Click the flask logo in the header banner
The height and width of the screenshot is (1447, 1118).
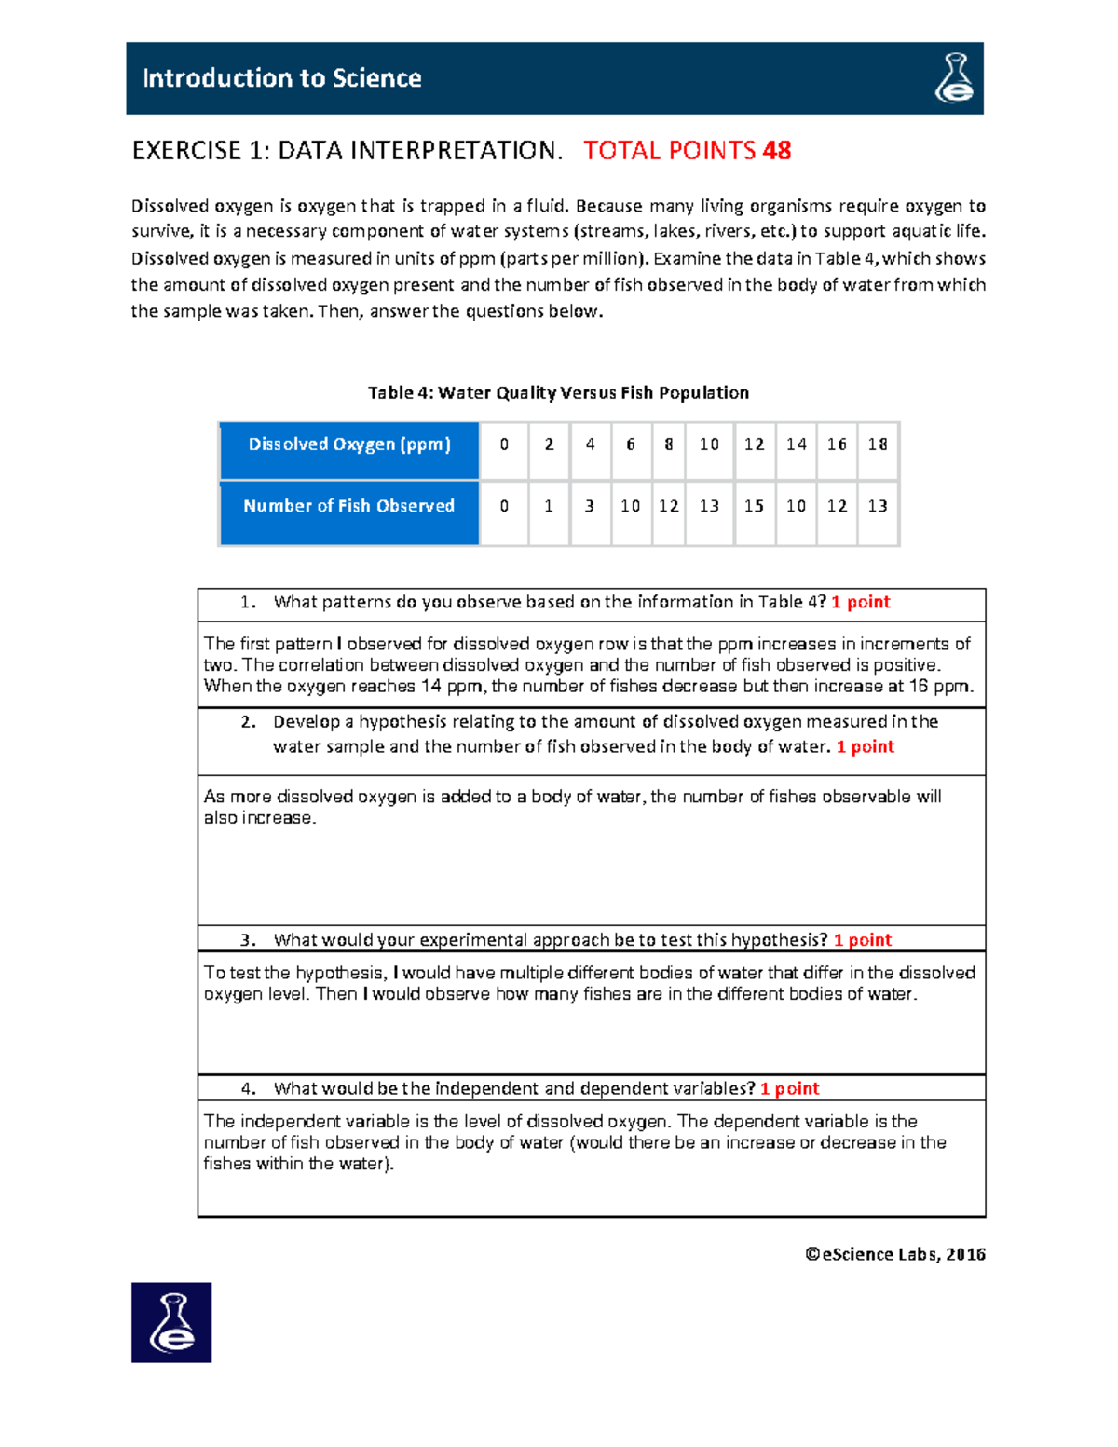pyautogui.click(x=954, y=78)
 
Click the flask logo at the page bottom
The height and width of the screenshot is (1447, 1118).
pyautogui.click(x=171, y=1322)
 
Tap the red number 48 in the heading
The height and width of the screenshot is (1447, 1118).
pyautogui.click(x=776, y=151)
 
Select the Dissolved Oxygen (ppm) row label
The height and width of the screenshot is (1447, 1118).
pyautogui.click(x=349, y=444)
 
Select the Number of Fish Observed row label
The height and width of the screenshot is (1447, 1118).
pyautogui.click(x=349, y=506)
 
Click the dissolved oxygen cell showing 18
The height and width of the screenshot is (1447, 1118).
pyautogui.click(x=878, y=444)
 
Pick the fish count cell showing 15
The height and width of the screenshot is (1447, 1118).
pyautogui.click(x=754, y=506)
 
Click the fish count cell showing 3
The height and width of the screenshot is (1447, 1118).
pyautogui.click(x=590, y=506)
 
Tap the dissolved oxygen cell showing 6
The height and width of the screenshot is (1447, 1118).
pyautogui.click(x=631, y=444)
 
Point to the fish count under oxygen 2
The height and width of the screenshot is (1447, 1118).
pyautogui.click(x=549, y=506)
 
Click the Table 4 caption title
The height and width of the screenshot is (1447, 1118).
pyautogui.click(x=558, y=392)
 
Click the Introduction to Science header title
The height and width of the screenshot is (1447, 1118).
pyautogui.click(x=281, y=78)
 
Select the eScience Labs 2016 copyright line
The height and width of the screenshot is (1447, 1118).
pyautogui.click(x=895, y=1254)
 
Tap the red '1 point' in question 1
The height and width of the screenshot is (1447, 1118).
pyautogui.click(x=861, y=602)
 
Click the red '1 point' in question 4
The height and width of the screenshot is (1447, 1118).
pyautogui.click(x=789, y=1088)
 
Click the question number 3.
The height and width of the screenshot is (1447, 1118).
pyautogui.click(x=247, y=940)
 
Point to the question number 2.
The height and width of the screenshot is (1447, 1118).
pyautogui.click(x=247, y=722)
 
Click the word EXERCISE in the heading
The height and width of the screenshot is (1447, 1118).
pyautogui.click(x=186, y=151)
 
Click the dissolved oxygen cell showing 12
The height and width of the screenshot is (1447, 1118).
pyautogui.click(x=754, y=444)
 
